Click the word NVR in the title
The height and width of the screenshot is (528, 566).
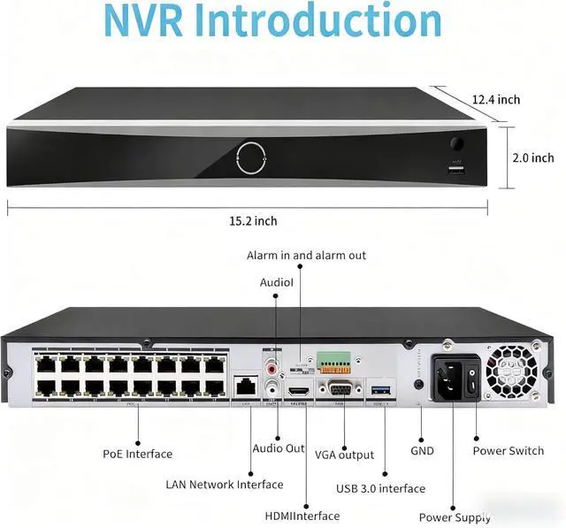[142, 22]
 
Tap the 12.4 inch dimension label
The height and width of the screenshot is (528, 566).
[495, 100]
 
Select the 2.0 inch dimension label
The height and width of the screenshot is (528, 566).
[533, 157]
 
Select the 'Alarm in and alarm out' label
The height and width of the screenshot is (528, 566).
[306, 256]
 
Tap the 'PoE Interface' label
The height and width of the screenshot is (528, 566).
[137, 455]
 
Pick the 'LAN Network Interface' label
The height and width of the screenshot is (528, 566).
[225, 485]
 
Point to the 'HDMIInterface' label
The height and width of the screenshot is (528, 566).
[302, 516]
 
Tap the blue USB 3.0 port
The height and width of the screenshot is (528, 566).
[381, 389]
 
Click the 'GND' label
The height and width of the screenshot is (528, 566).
[422, 450]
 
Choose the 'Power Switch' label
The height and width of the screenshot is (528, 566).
[508, 451]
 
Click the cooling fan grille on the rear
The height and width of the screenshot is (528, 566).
[512, 369]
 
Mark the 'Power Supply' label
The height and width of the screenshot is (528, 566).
[455, 517]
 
